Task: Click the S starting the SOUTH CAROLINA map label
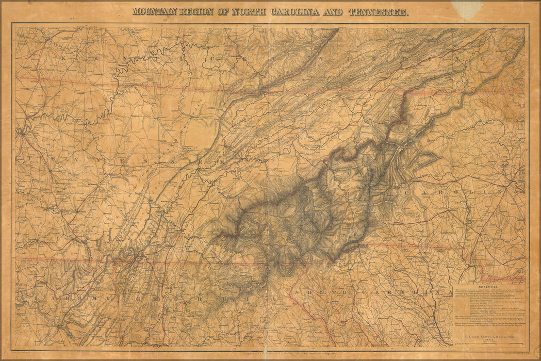[x=298, y=292]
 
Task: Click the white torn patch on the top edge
[x=467, y=9]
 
